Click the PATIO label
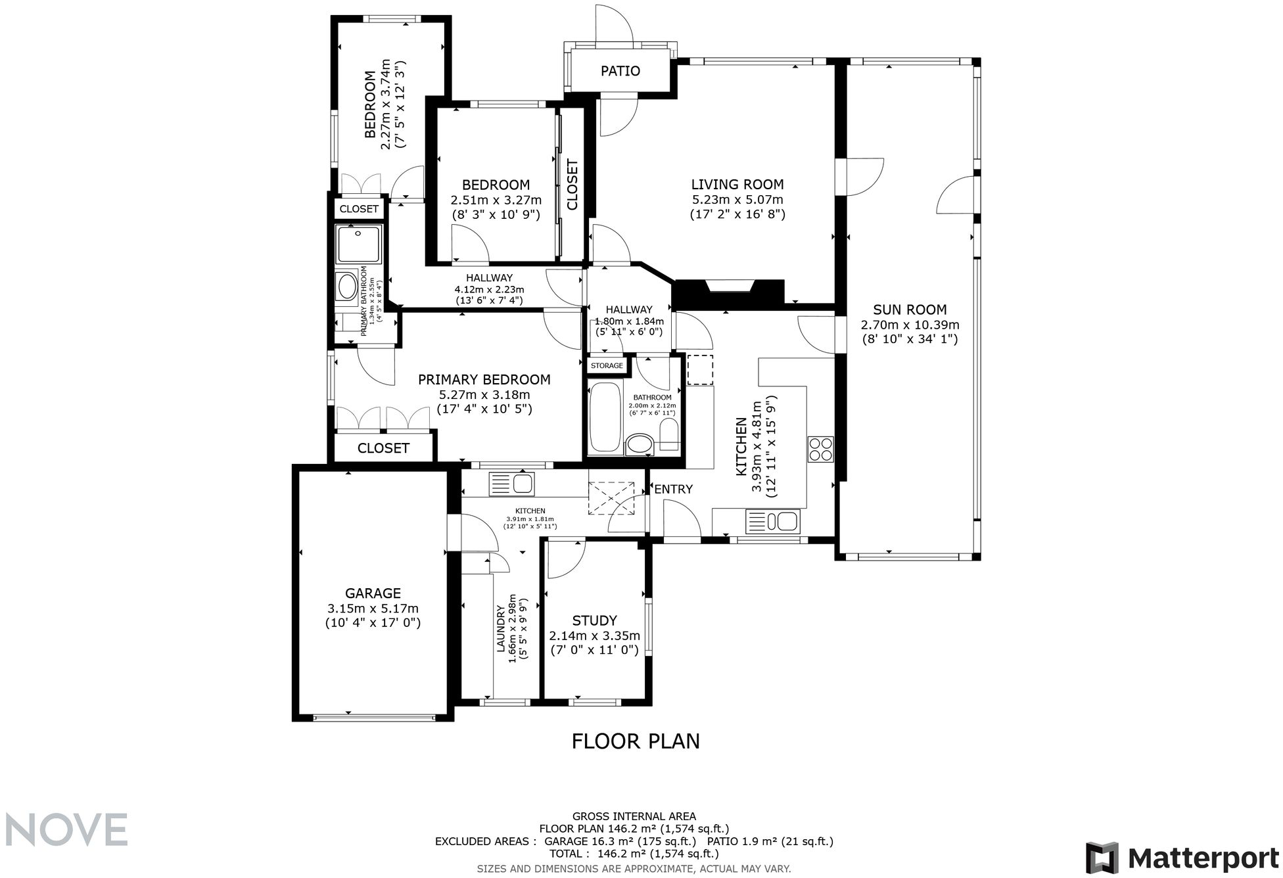click(x=620, y=71)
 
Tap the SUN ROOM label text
click(x=910, y=310)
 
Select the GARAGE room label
click(x=373, y=593)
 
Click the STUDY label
click(x=594, y=620)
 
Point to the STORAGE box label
click(x=607, y=366)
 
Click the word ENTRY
click(x=673, y=489)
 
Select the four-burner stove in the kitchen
click(x=821, y=450)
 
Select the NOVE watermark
click(x=66, y=829)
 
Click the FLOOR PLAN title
click(x=636, y=741)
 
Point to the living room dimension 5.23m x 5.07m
click(x=737, y=200)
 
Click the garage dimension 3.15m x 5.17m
click(x=373, y=609)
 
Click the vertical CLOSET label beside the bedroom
click(x=572, y=185)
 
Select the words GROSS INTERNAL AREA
click(x=634, y=816)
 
